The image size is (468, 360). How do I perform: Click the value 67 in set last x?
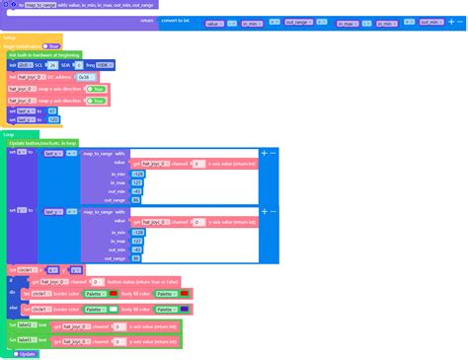click(x=52, y=111)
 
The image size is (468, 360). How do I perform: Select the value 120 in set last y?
click(x=53, y=120)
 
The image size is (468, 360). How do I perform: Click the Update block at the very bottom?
click(x=26, y=353)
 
